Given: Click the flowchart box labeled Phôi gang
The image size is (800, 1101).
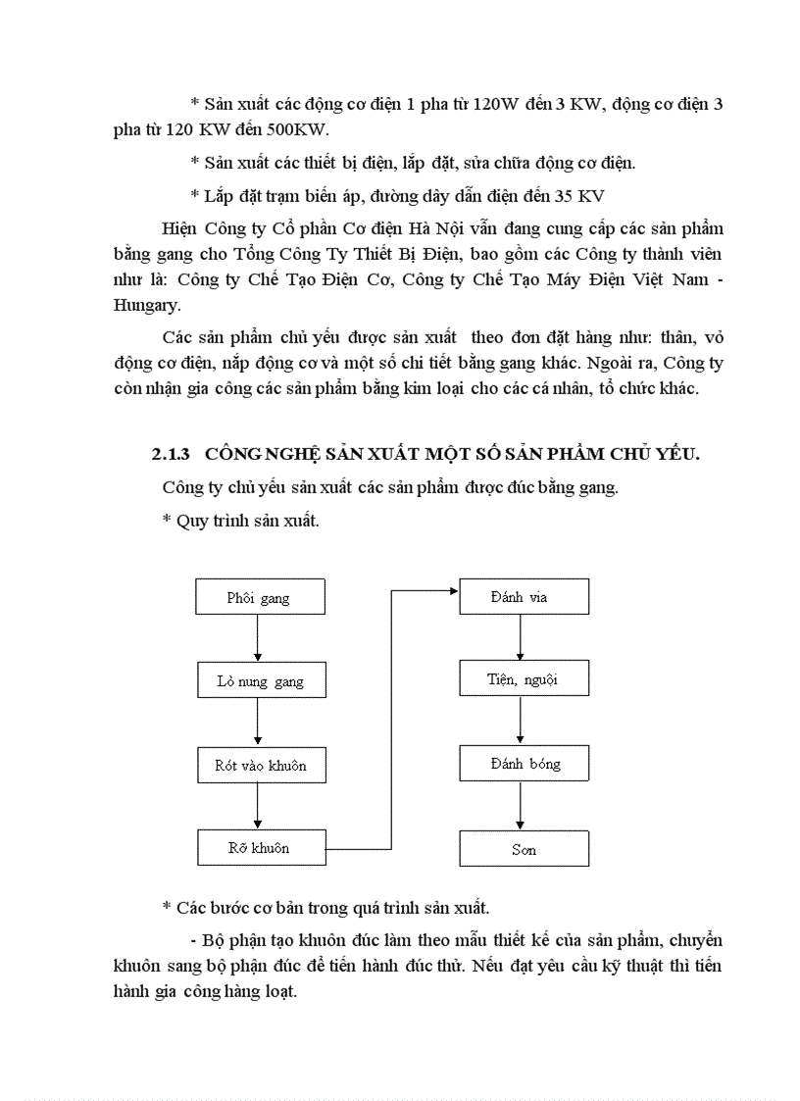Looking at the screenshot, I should (x=260, y=597).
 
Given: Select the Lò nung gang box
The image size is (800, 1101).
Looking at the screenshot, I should (x=260, y=680).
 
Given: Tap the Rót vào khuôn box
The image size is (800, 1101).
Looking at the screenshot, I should (x=260, y=765).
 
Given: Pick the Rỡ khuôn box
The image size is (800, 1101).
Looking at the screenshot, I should (x=260, y=847).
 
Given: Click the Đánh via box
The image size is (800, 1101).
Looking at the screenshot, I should (x=524, y=597).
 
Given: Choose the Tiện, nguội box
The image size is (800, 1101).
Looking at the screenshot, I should (x=524, y=678).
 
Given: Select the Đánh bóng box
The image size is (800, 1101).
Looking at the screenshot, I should (x=524, y=763).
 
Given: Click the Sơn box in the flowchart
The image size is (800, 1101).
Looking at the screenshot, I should (x=524, y=849).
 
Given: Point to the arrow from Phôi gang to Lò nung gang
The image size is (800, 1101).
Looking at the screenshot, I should (x=257, y=638).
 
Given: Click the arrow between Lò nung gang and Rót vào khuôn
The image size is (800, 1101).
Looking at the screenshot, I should (x=257, y=723).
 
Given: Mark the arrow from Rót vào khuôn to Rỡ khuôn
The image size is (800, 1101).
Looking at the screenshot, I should (x=257, y=806).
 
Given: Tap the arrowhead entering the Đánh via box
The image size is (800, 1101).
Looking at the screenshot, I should (x=453, y=590).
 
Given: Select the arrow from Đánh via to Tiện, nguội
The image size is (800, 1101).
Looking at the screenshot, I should (x=520, y=637).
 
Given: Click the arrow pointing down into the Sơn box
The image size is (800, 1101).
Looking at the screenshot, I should (x=520, y=806).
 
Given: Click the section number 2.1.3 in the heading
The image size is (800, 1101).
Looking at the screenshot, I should (x=171, y=453).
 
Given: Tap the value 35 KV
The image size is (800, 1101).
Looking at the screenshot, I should (x=578, y=195).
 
